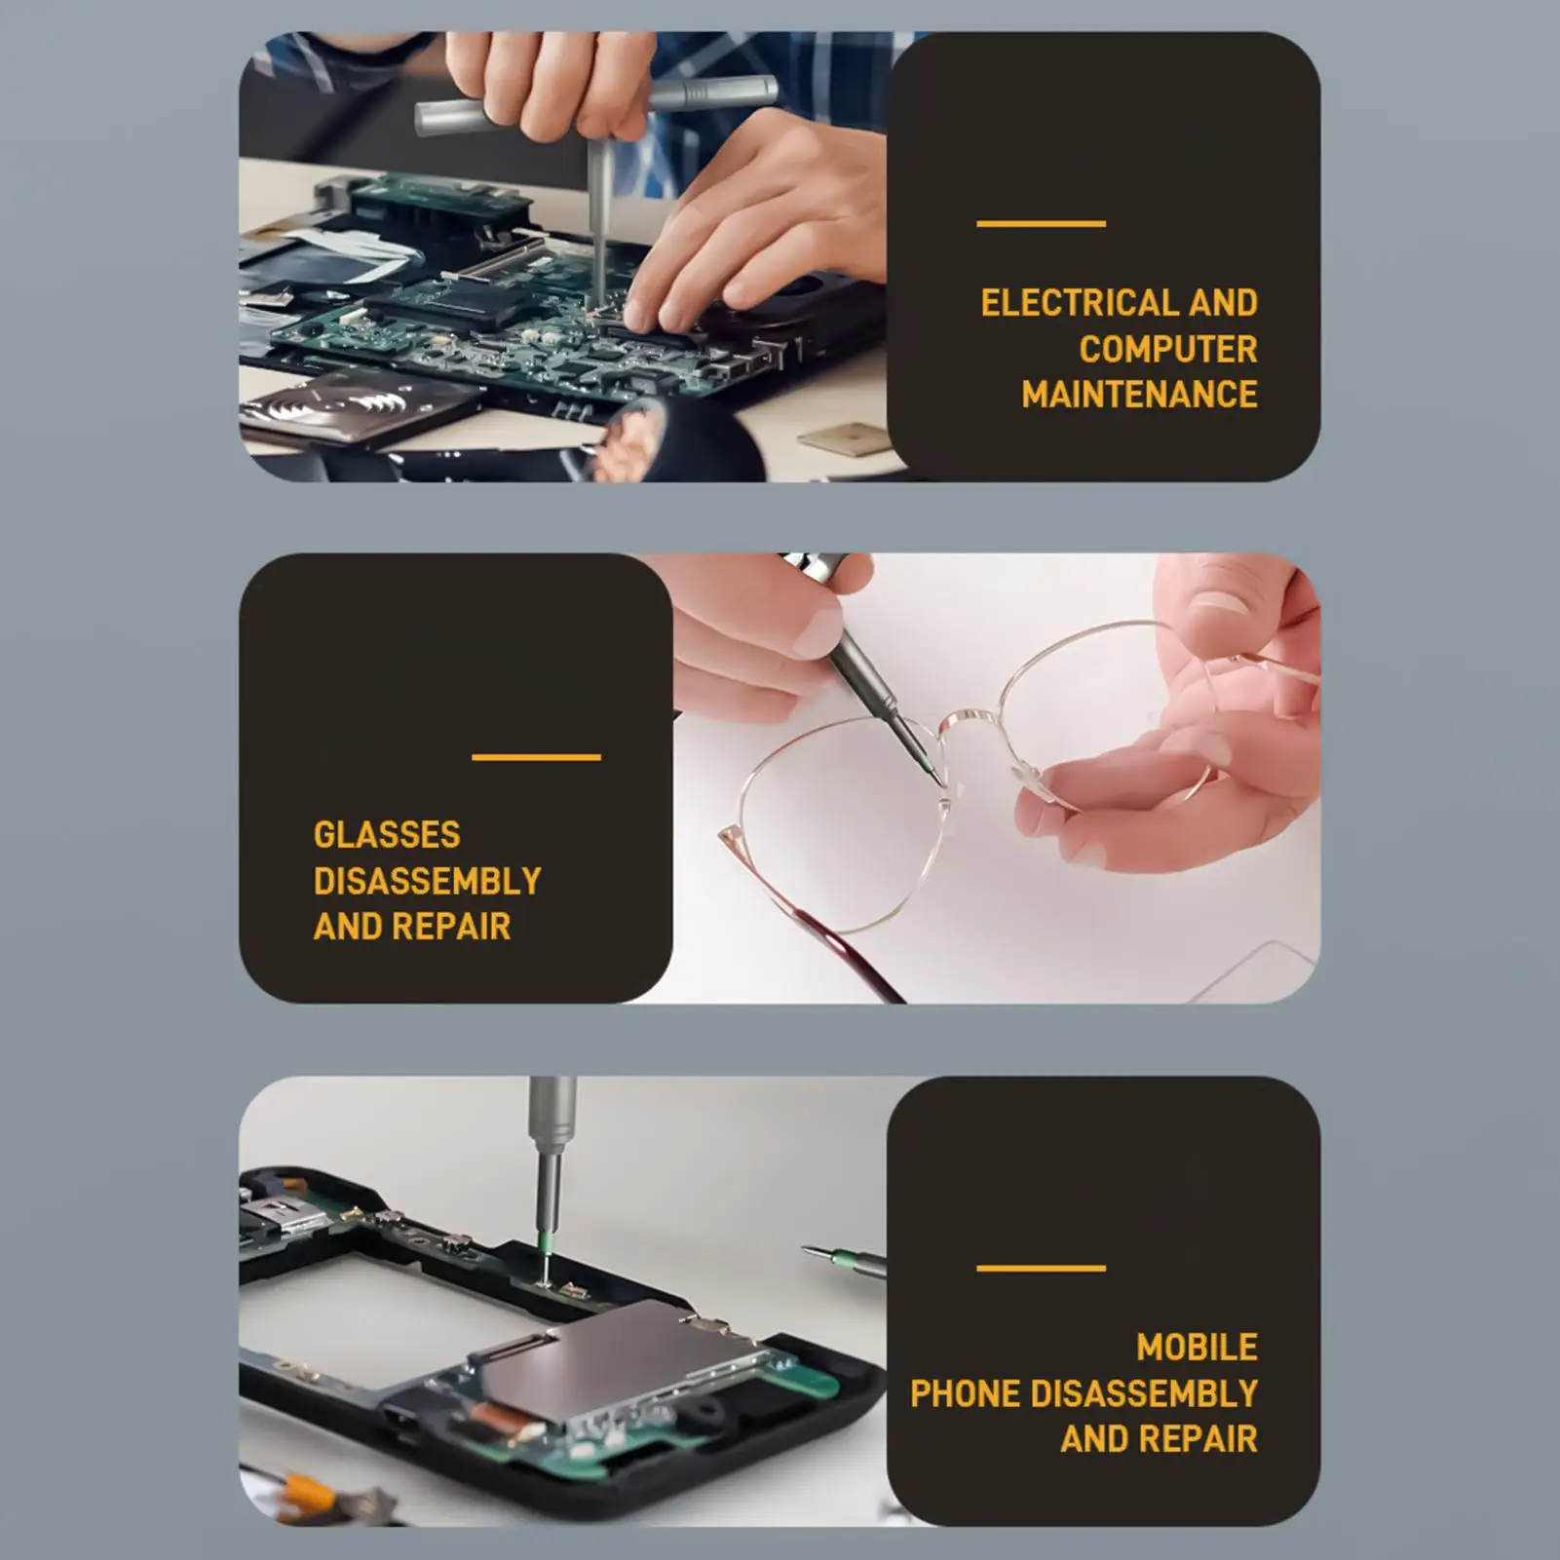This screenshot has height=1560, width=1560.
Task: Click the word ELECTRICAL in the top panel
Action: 1079,303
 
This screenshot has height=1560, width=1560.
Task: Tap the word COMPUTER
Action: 1168,349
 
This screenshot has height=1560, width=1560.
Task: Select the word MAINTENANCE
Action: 1140,395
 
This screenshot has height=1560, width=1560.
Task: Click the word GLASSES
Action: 387,835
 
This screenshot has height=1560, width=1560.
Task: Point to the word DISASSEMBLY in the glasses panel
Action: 427,881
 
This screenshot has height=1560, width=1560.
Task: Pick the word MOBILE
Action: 1197,1348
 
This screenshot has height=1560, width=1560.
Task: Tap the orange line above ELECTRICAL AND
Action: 1041,224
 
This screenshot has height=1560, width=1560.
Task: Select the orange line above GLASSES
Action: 536,757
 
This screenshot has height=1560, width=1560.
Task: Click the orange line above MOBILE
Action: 1041,1268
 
